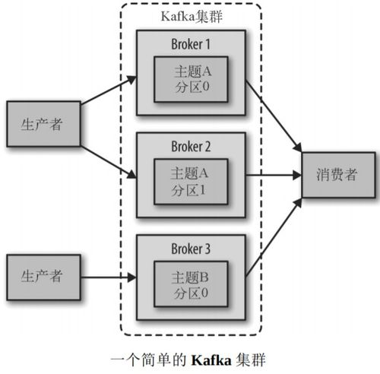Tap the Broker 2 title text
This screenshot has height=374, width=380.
point(190,144)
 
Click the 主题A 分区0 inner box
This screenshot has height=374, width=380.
point(190,79)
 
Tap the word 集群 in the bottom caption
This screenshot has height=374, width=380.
point(252,357)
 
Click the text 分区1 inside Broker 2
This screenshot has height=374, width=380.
point(190,190)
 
